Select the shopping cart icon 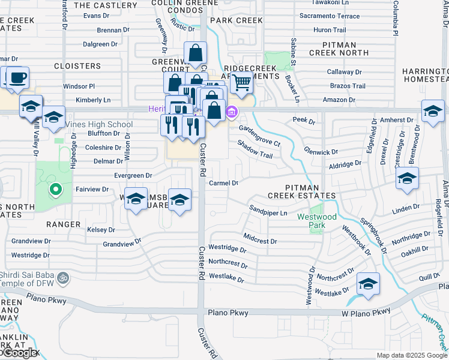pos(241,82)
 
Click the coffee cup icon pos(18,77)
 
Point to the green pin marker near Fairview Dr pos(55,190)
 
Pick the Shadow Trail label pos(255,150)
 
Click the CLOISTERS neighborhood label pos(77,65)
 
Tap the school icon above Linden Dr pos(407,178)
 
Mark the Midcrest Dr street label pos(260,240)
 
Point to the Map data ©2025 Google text pos(411,355)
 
